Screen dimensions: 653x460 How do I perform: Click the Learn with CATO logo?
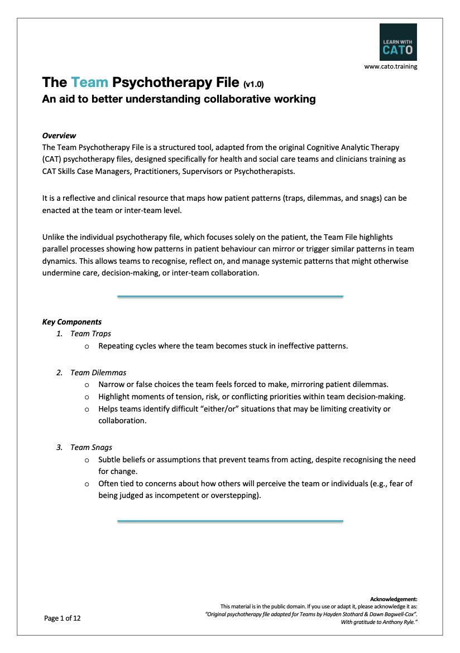[397, 42]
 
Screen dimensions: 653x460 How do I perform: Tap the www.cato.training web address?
[390, 66]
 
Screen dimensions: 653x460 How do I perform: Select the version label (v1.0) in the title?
[253, 84]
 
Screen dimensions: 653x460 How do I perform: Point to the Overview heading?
[59, 136]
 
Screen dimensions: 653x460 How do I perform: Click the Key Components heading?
[72, 322]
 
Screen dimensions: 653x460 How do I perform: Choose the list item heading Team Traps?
[90, 333]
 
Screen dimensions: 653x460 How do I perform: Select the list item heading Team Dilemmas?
[98, 373]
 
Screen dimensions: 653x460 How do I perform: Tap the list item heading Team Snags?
[91, 447]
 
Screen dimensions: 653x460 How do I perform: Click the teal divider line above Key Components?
[230, 297]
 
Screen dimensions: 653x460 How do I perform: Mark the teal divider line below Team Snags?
[230, 521]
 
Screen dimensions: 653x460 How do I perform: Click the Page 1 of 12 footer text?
[63, 618]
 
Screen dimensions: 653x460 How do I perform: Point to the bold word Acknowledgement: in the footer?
[394, 599]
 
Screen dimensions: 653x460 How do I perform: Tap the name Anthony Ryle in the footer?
[397, 621]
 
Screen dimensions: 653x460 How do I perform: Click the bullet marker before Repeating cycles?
[87, 346]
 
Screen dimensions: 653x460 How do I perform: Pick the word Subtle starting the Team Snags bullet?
[110, 460]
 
